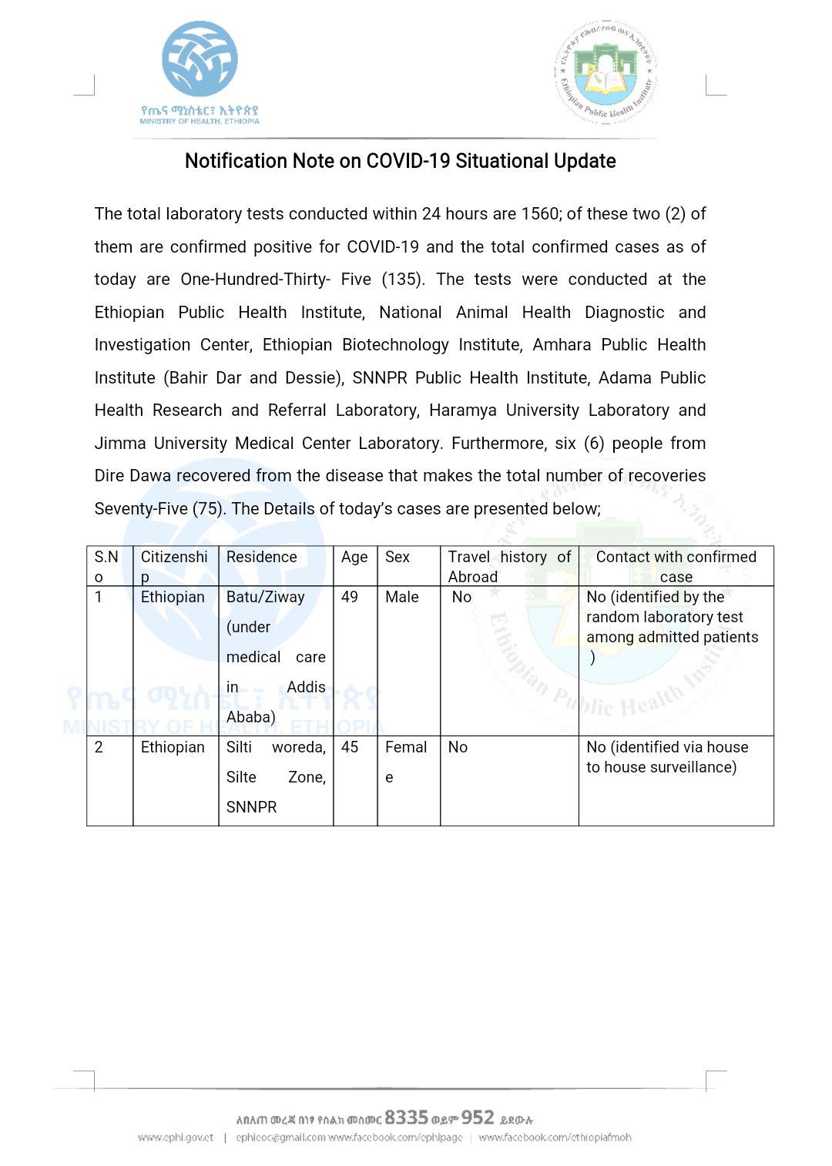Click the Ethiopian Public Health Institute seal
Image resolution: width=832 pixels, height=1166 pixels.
(606, 73)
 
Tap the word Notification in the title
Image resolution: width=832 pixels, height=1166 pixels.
(235, 161)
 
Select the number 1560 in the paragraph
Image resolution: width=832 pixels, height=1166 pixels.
(539, 214)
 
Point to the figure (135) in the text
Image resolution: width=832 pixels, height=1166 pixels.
(403, 280)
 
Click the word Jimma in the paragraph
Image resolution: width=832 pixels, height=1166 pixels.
(119, 444)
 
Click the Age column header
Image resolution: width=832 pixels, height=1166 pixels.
(354, 557)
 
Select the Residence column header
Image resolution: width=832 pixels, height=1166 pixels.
(261, 557)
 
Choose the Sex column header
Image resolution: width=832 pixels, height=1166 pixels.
(398, 557)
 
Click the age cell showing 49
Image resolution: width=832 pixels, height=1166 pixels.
(350, 597)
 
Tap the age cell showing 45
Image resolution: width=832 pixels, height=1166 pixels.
(350, 747)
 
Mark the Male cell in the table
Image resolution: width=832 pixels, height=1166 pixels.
(402, 597)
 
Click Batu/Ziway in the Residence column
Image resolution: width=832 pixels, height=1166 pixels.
(265, 597)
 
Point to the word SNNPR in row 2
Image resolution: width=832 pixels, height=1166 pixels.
(251, 807)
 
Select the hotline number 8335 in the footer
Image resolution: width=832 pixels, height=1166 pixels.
(406, 1117)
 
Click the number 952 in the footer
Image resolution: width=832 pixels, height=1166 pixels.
(478, 1117)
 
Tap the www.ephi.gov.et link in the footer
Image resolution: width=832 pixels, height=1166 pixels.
(176, 1138)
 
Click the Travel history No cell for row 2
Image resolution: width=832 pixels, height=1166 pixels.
(458, 747)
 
